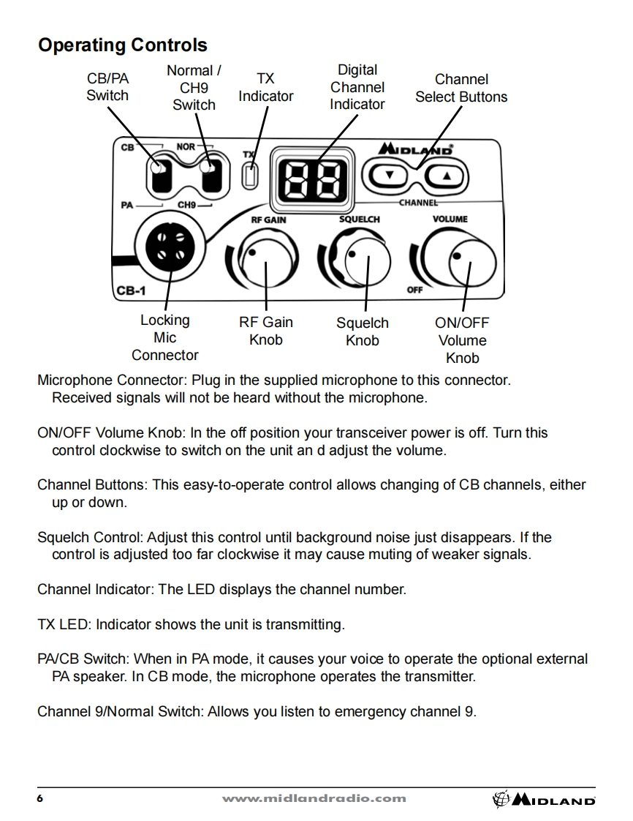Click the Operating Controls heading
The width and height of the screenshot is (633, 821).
[x=122, y=45]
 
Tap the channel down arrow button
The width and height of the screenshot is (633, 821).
[x=390, y=176]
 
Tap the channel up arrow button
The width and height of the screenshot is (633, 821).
[x=447, y=176]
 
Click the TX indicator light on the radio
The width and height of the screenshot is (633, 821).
[x=251, y=176]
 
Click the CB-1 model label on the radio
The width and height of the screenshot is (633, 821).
[x=132, y=290]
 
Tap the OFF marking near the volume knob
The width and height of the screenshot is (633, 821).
[x=414, y=290]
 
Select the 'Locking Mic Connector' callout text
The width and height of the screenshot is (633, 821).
[x=164, y=338]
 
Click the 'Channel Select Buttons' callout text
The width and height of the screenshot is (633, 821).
[x=461, y=88]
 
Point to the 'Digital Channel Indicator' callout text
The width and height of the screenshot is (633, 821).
[x=357, y=87]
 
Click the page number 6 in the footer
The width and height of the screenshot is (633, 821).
[x=40, y=798]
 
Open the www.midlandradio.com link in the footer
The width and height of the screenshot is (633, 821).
[x=314, y=798]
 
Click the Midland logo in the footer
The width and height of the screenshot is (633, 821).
[x=545, y=800]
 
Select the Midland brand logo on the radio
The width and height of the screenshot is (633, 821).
[x=415, y=149]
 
